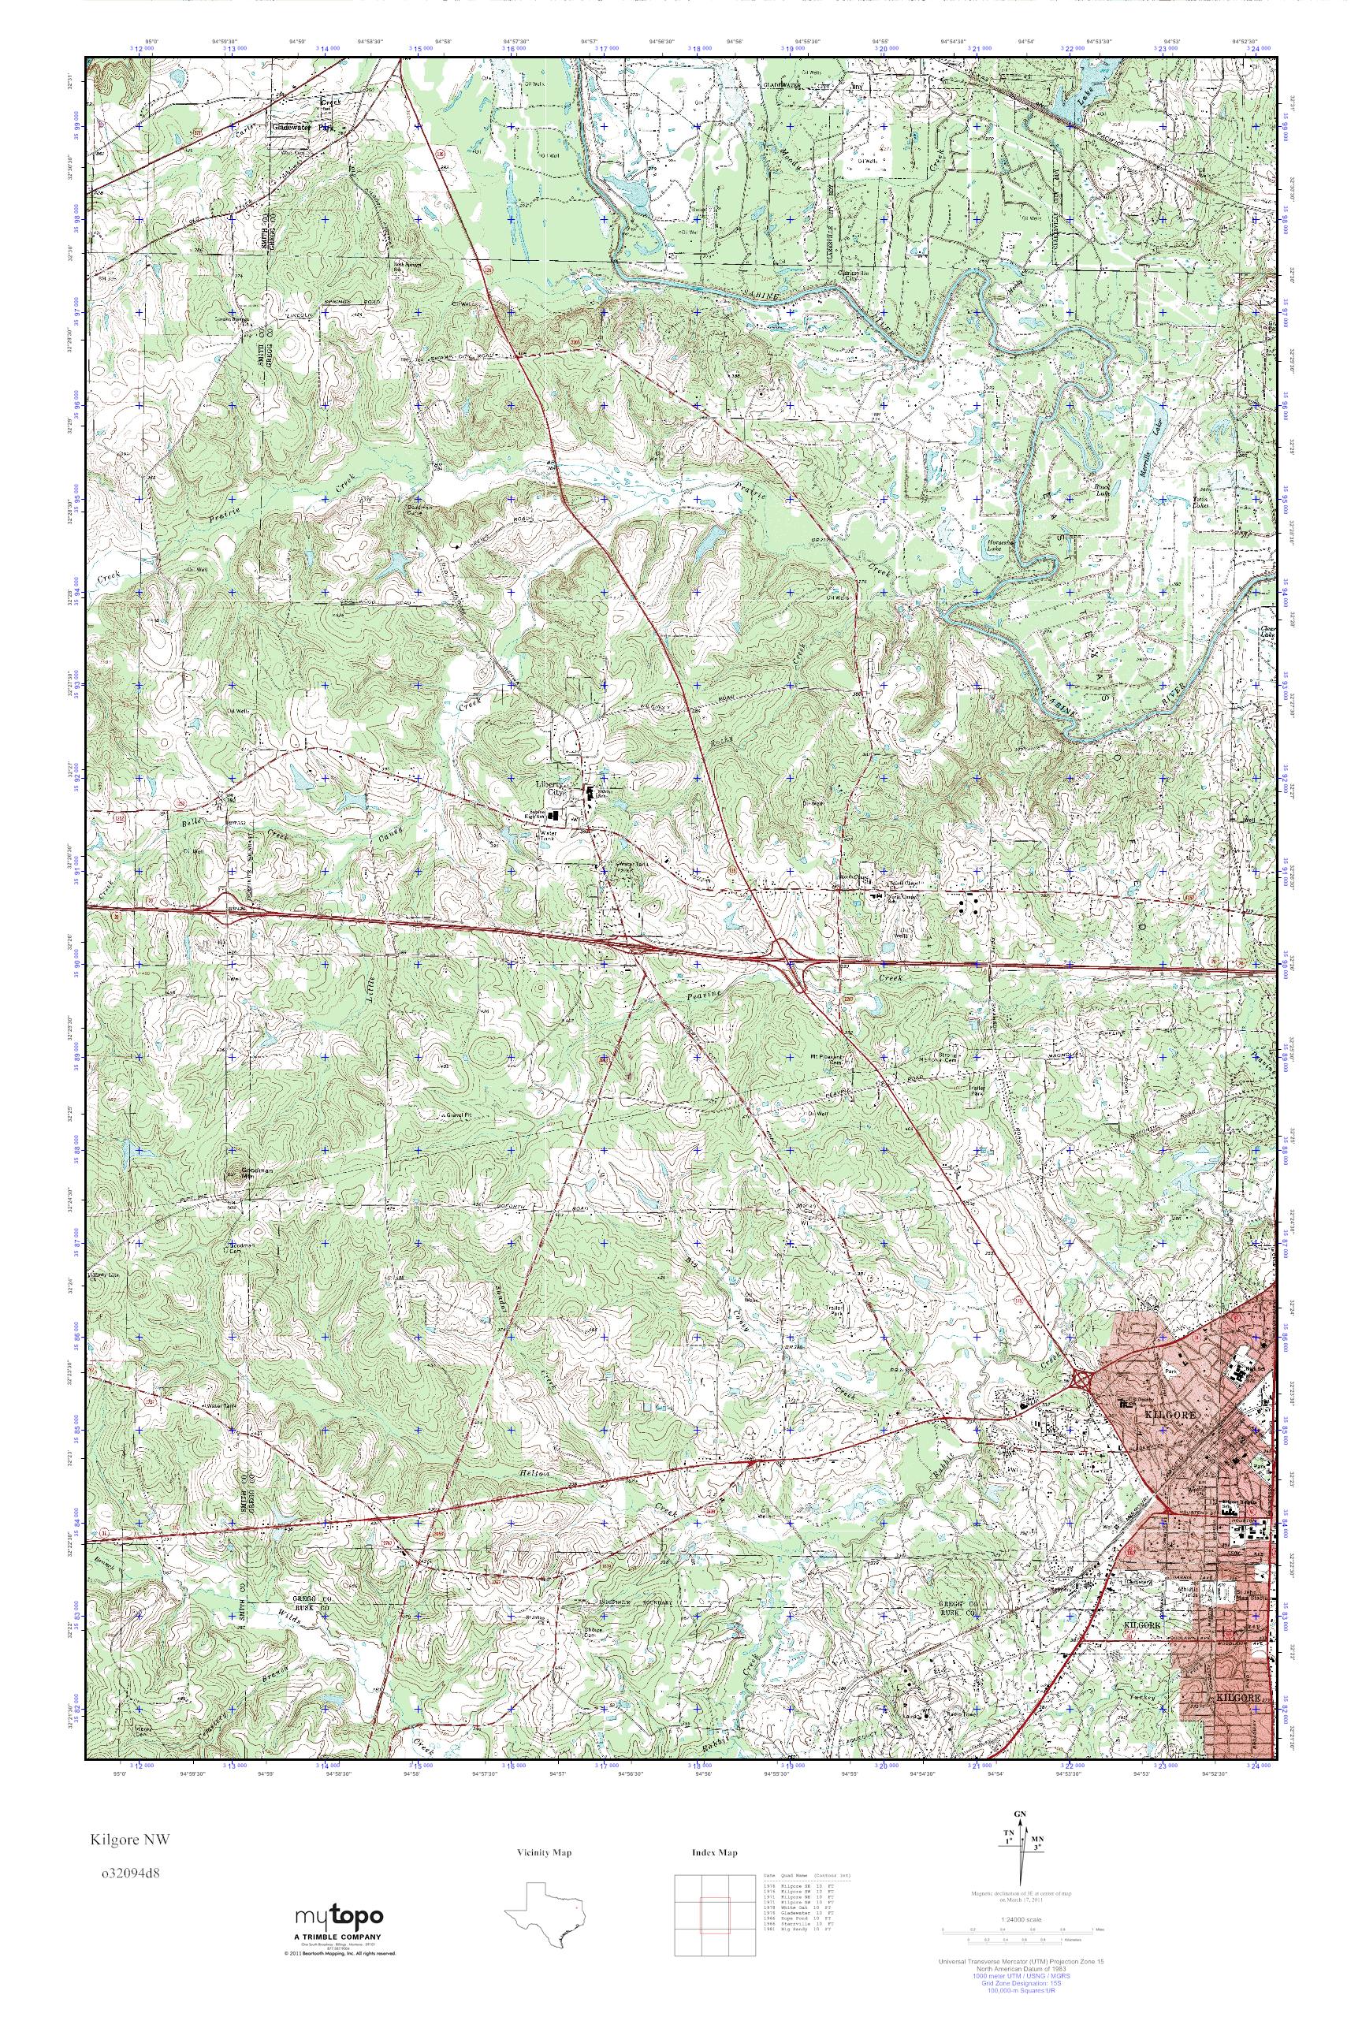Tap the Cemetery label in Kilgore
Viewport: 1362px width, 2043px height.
click(1141, 1582)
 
